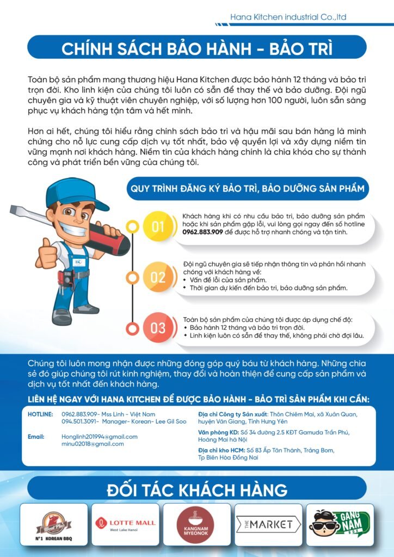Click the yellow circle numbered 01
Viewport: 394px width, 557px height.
coord(158,226)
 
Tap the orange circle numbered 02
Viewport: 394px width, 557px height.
coord(158,277)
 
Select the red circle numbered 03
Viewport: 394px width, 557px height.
coord(158,328)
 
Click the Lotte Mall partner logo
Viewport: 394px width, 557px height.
coord(125,524)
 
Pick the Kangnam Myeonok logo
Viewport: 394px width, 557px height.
coord(197,524)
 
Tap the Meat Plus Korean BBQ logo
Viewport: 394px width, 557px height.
coord(53,524)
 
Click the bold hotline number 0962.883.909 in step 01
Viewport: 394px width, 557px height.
coord(202,232)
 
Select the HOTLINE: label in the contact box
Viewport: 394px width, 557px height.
coord(40,414)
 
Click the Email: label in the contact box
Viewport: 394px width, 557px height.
coord(36,437)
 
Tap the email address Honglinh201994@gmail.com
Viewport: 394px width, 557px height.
coord(100,437)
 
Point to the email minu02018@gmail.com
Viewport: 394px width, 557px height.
coord(93,444)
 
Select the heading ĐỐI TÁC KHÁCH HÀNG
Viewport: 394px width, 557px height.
coord(197,490)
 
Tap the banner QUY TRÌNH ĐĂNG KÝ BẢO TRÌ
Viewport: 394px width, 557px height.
coord(247,189)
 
